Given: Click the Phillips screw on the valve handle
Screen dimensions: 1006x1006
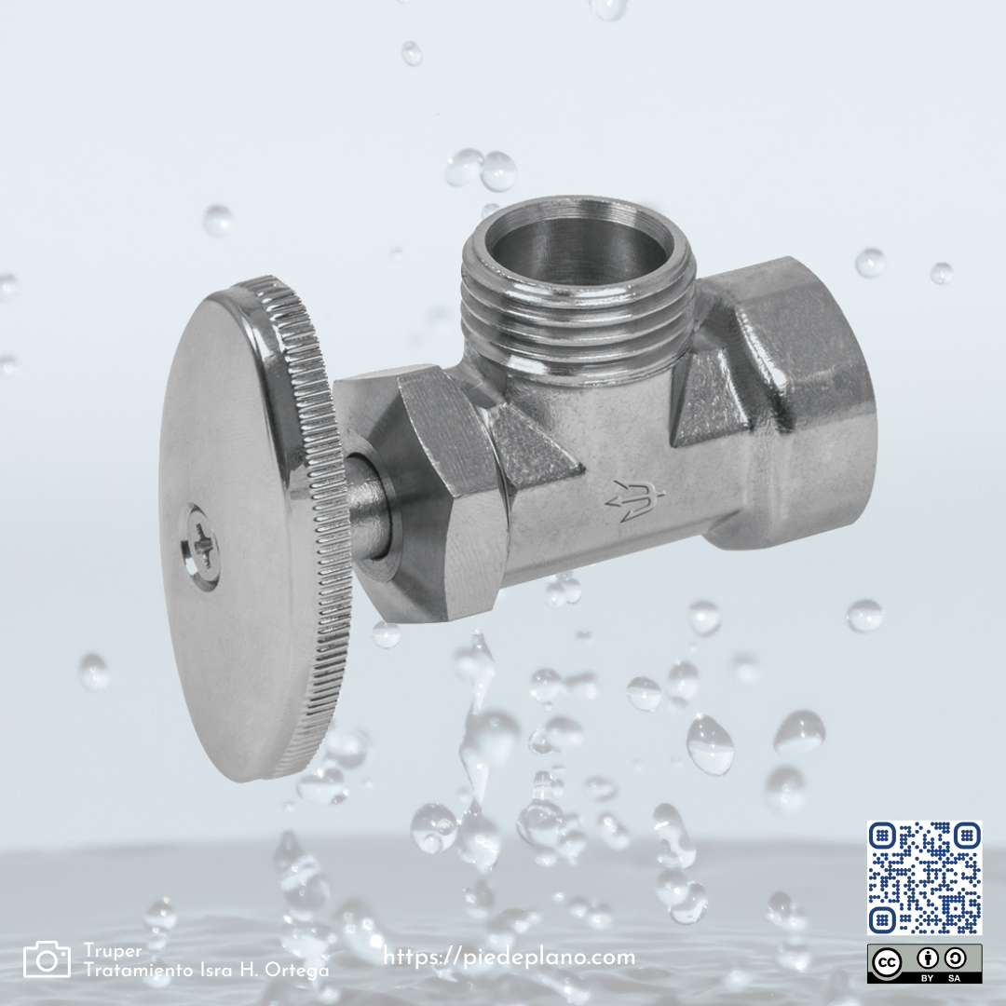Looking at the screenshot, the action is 201,548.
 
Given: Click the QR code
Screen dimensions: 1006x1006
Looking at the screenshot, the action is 925,877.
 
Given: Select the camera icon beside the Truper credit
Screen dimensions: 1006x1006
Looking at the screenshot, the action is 47,959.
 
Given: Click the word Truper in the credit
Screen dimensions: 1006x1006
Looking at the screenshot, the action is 113,951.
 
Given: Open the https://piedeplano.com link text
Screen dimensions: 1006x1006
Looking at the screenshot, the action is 510,958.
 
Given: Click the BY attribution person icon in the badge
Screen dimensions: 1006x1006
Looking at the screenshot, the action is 927,958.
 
